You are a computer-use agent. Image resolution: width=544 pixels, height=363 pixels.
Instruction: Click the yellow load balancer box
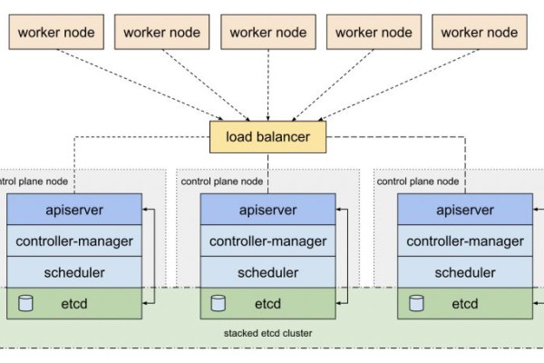tap(267, 138)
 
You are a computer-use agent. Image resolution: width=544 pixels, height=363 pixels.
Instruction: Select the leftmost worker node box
tap(55, 32)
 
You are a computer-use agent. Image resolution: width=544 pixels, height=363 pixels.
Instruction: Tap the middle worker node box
tap(267, 32)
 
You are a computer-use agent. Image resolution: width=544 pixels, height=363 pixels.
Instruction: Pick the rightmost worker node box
tap(480, 32)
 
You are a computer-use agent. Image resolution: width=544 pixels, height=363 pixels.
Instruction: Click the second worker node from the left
tap(161, 32)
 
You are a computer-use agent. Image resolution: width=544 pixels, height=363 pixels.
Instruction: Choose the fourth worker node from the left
tap(374, 32)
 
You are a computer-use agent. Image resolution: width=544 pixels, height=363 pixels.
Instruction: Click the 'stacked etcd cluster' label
tap(267, 334)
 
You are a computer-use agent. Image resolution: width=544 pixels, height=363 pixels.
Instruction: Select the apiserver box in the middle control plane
tap(267, 211)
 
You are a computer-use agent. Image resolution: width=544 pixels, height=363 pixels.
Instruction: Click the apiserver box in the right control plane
tap(464, 211)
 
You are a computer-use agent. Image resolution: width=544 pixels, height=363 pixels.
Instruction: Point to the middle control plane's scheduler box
tap(267, 272)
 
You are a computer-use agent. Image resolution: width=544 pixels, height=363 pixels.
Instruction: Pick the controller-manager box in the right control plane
tap(464, 241)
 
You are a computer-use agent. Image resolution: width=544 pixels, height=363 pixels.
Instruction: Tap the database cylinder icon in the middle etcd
tap(218, 303)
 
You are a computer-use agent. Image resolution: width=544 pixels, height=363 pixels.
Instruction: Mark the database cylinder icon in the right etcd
tap(415, 303)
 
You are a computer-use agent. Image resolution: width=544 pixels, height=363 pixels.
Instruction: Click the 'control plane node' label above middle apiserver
tap(222, 181)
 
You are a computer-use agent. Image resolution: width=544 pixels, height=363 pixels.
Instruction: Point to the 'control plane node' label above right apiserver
tap(418, 181)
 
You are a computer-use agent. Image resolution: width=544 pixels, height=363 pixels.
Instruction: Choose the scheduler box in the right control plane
tap(464, 272)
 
